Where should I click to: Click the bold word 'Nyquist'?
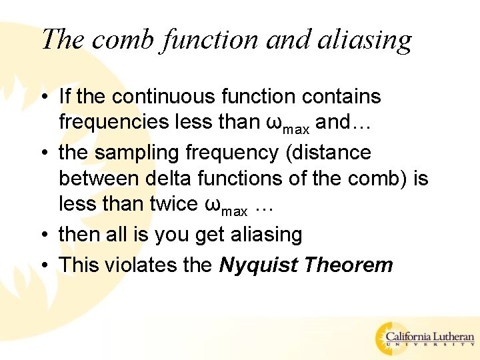258,265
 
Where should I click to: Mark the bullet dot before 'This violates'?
44,265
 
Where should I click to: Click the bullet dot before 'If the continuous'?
44,97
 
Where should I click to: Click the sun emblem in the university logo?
388,336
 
